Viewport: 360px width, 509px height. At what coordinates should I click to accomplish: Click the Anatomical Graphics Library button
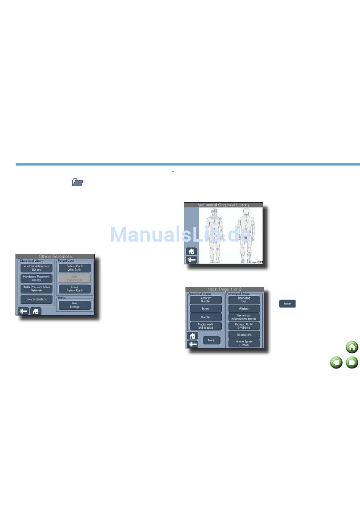[x=36, y=268]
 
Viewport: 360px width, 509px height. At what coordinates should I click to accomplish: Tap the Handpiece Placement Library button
[x=36, y=278]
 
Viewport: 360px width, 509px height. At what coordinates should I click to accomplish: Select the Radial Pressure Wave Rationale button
[x=36, y=289]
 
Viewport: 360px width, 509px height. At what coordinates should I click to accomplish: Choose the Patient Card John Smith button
[x=75, y=268]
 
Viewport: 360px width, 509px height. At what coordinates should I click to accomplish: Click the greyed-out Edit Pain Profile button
[x=75, y=278]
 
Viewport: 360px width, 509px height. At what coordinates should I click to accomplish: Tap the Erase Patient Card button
[x=75, y=289]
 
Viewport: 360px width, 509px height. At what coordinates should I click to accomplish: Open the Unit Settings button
[x=75, y=305]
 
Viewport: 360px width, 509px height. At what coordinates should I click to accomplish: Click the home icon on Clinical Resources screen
[x=36, y=311]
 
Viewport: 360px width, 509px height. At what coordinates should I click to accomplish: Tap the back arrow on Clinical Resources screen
[x=23, y=311]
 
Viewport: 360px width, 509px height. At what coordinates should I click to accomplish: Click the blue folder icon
[x=77, y=183]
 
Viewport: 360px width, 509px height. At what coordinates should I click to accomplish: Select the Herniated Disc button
[x=244, y=300]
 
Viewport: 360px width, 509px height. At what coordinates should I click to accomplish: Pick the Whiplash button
[x=244, y=309]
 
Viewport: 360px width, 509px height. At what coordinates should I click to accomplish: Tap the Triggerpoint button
[x=244, y=335]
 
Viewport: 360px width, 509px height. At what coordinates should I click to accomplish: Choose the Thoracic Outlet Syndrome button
[x=244, y=326]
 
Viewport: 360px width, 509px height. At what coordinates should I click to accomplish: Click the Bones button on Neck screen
[x=205, y=309]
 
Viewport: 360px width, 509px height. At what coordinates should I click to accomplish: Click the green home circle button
[x=352, y=347]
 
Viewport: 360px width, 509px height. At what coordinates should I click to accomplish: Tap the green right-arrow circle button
[x=352, y=362]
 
